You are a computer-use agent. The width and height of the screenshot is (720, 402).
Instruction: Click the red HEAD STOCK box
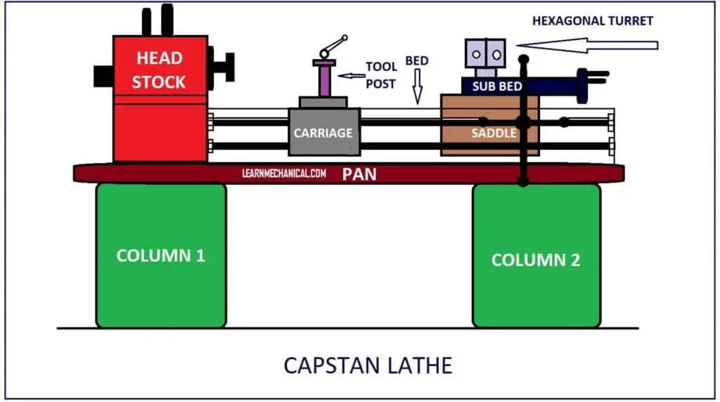pos(160,98)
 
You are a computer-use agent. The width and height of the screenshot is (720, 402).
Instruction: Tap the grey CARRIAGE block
pos(324,131)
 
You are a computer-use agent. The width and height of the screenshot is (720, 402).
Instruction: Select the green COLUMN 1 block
pos(161,255)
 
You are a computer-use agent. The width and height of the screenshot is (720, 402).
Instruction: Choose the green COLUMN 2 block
pos(536,259)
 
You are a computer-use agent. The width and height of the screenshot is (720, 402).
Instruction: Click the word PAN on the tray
pos(359,174)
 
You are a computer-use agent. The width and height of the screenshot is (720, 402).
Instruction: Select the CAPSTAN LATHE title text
pos(368,365)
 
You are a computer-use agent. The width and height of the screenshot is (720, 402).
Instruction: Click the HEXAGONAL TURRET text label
pos(593,20)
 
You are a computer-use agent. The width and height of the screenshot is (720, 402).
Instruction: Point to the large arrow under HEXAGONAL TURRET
pos(591,45)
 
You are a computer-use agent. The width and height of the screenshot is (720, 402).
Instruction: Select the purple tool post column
pos(324,79)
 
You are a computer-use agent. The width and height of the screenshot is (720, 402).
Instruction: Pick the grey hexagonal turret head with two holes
pos(485,54)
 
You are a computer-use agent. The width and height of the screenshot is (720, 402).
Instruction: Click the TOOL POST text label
pos(381,74)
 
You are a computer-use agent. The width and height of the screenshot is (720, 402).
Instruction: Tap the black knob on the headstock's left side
pos(103,74)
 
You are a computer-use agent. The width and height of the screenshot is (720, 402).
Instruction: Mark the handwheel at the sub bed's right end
pos(583,86)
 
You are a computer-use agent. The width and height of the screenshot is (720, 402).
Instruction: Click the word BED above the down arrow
pos(417,61)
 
